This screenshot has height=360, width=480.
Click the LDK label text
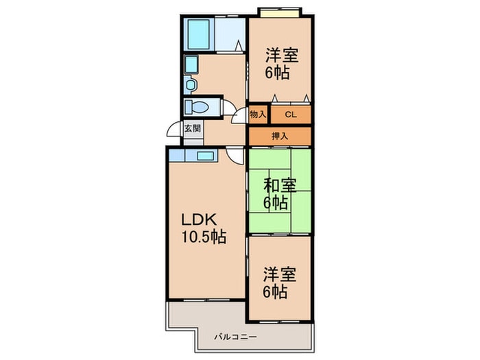click(x=199, y=220)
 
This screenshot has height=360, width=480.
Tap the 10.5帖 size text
click(x=204, y=238)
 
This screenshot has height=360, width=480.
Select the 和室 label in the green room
click(x=280, y=184)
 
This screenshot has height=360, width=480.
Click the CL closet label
click(x=290, y=115)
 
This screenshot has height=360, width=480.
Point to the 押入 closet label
click(x=279, y=136)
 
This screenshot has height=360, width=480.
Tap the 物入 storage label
click(x=258, y=115)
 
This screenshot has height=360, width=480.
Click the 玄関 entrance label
click(x=191, y=128)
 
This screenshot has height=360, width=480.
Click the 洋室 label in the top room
click(x=281, y=53)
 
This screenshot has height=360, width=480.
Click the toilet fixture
click(x=199, y=108)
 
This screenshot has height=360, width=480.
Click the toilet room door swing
click(x=225, y=107)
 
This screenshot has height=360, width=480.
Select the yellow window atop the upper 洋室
click(x=280, y=12)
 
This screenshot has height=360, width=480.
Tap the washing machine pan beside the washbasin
click(x=191, y=66)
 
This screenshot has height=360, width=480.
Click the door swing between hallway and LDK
click(x=236, y=155)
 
